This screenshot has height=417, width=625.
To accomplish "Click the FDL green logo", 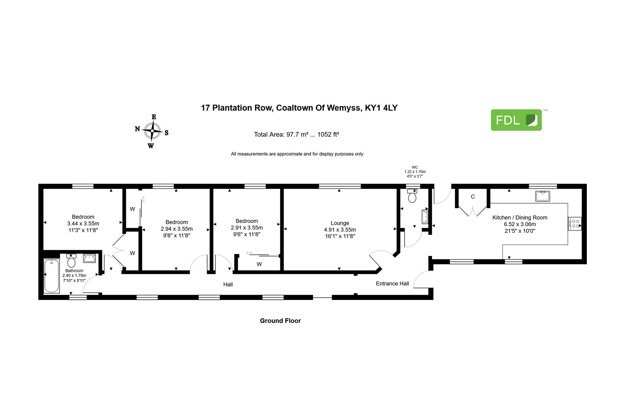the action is pos(516,120).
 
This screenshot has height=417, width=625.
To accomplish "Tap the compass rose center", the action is pos(152,131).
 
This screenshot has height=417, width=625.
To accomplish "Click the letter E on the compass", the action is pos(154,117).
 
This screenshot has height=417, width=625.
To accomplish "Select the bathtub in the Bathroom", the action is pos(52,276).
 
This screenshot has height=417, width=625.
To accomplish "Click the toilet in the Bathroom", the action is pos(71,260).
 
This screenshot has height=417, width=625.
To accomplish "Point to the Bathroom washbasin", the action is pos(89,258).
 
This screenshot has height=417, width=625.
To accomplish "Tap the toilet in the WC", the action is pos(412,196).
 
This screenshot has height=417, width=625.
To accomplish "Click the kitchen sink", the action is pos(543,196).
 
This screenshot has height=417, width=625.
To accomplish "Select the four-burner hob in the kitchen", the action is pos(575,224).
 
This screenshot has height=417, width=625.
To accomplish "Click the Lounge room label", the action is pos(340,223).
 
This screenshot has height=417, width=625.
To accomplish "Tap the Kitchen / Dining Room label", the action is pos(520,218).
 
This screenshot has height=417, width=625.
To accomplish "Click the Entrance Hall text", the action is pos(392,283).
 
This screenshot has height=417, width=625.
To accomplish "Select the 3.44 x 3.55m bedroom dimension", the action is pos(83,224).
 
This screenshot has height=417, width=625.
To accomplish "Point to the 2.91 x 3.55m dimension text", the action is pos(247,228).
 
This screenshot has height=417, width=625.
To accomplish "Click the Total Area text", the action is pos(296,134).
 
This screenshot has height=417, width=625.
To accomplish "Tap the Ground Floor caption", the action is pos(280,321).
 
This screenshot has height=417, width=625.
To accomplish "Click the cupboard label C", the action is pos(473,197).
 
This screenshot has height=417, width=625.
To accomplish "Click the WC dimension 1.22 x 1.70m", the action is pos(415,172).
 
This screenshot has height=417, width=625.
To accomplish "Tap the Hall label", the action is pos(228,284).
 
